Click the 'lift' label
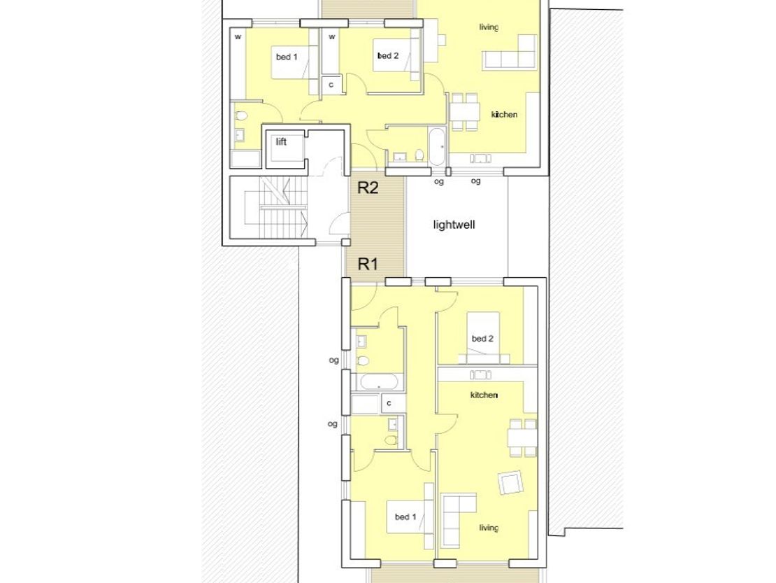tap(281, 142)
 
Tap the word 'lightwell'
tap(454, 225)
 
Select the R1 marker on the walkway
tap(368, 264)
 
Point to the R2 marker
tap(368, 188)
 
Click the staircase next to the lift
tap(276, 207)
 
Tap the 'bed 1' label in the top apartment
tap(287, 57)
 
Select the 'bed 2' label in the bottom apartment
tap(482, 339)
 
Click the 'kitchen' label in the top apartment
tap(504, 114)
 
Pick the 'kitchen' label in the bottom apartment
tap(484, 395)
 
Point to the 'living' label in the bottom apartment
tap(489, 528)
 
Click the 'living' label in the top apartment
tap(489, 27)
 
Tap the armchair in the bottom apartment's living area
tap(510, 482)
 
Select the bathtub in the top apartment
tap(437, 146)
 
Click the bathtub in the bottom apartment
tap(379, 382)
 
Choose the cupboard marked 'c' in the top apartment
tap(331, 85)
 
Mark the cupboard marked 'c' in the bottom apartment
tap(389, 403)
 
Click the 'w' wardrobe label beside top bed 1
tap(238, 36)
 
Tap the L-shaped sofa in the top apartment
tap(510, 52)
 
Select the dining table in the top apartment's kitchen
tap(464, 112)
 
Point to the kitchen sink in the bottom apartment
tap(480, 374)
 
